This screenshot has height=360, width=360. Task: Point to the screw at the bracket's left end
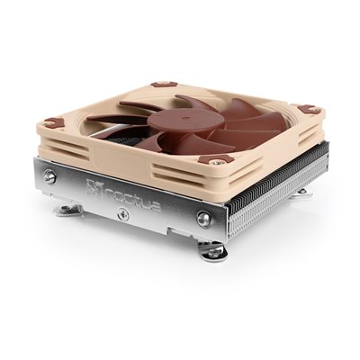(50, 178)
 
